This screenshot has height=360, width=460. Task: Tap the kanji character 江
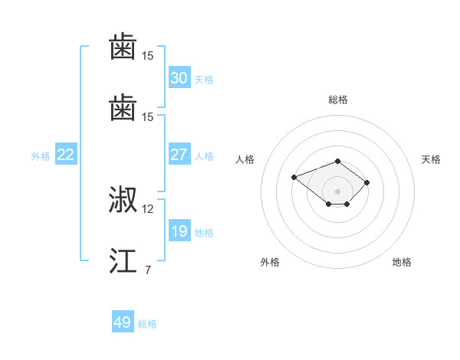pyautogui.click(x=123, y=260)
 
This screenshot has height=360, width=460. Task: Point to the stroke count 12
pyautogui.click(x=148, y=208)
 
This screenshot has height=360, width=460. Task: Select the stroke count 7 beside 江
pyautogui.click(x=147, y=270)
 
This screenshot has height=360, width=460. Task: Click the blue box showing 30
pyautogui.click(x=179, y=78)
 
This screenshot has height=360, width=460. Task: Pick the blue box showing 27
pyautogui.click(x=179, y=155)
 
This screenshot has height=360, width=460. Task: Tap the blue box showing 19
pyautogui.click(x=179, y=231)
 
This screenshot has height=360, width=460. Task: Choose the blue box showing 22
pyautogui.click(x=65, y=155)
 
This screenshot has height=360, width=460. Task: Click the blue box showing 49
pyautogui.click(x=123, y=322)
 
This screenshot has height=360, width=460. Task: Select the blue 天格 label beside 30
pyautogui.click(x=204, y=80)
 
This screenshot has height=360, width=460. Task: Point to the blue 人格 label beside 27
pyautogui.click(x=204, y=156)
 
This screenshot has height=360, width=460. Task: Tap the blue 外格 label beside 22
pyautogui.click(x=41, y=156)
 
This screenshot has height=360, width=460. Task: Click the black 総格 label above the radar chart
pyautogui.click(x=338, y=100)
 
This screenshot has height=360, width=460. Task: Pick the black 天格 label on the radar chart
pyautogui.click(x=431, y=159)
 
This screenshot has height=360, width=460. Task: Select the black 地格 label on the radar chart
pyautogui.click(x=402, y=262)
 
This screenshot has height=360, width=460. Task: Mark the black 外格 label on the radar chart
pyautogui.click(x=270, y=262)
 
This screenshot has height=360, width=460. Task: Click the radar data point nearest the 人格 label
pyautogui.click(x=294, y=177)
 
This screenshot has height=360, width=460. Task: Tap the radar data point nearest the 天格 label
pyautogui.click(x=367, y=182)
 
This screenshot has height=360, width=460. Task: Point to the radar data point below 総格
pyautogui.click(x=338, y=161)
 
